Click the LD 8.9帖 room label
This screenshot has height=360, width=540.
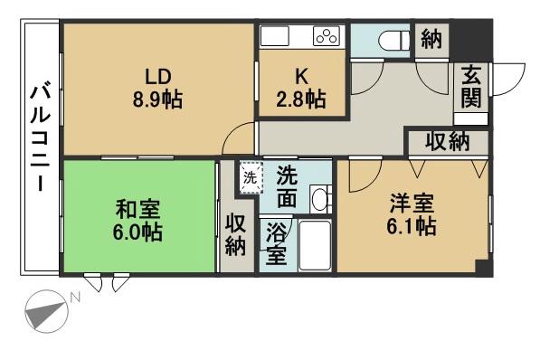click(156, 88)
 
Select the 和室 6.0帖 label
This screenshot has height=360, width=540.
click(138, 220)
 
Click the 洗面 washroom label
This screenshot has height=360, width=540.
click(288, 183)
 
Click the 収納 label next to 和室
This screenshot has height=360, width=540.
click(236, 233)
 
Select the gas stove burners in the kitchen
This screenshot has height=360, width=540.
click(326, 37)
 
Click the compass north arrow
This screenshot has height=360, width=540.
click(45, 312)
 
